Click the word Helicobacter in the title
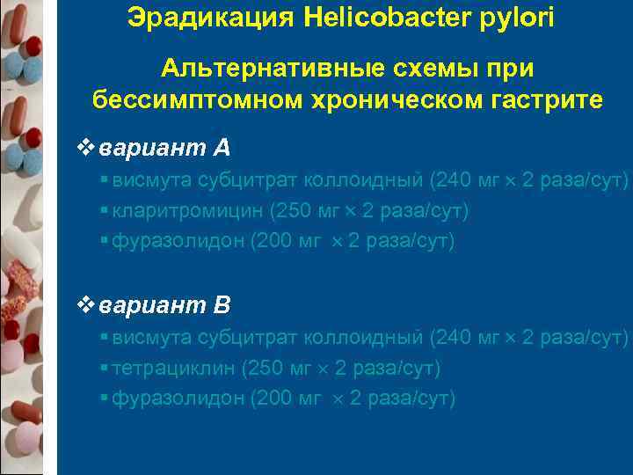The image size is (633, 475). pos(393,18)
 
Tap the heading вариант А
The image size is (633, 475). pos(165,147)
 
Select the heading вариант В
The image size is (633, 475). pos(165,305)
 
